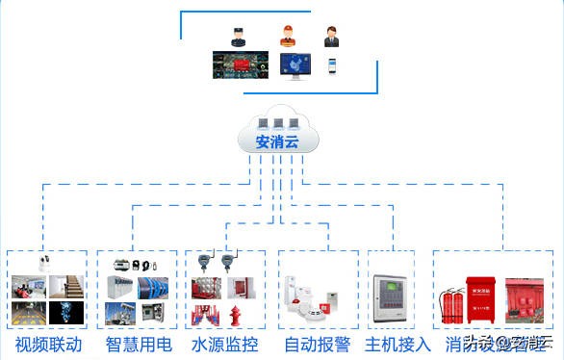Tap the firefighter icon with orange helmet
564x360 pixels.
pyautogui.click(x=286, y=36)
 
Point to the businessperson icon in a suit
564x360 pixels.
pyautogui.click(x=332, y=37)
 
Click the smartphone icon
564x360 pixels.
pyautogui.click(x=332, y=65)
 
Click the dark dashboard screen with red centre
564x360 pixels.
pyautogui.click(x=237, y=65)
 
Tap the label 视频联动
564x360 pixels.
pyautogui.click(x=48, y=344)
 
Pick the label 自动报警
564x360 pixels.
pyautogui.click(x=315, y=344)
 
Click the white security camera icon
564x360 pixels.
pyautogui.click(x=42, y=262)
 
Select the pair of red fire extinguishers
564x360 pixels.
pyautogui.click(x=449, y=305)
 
